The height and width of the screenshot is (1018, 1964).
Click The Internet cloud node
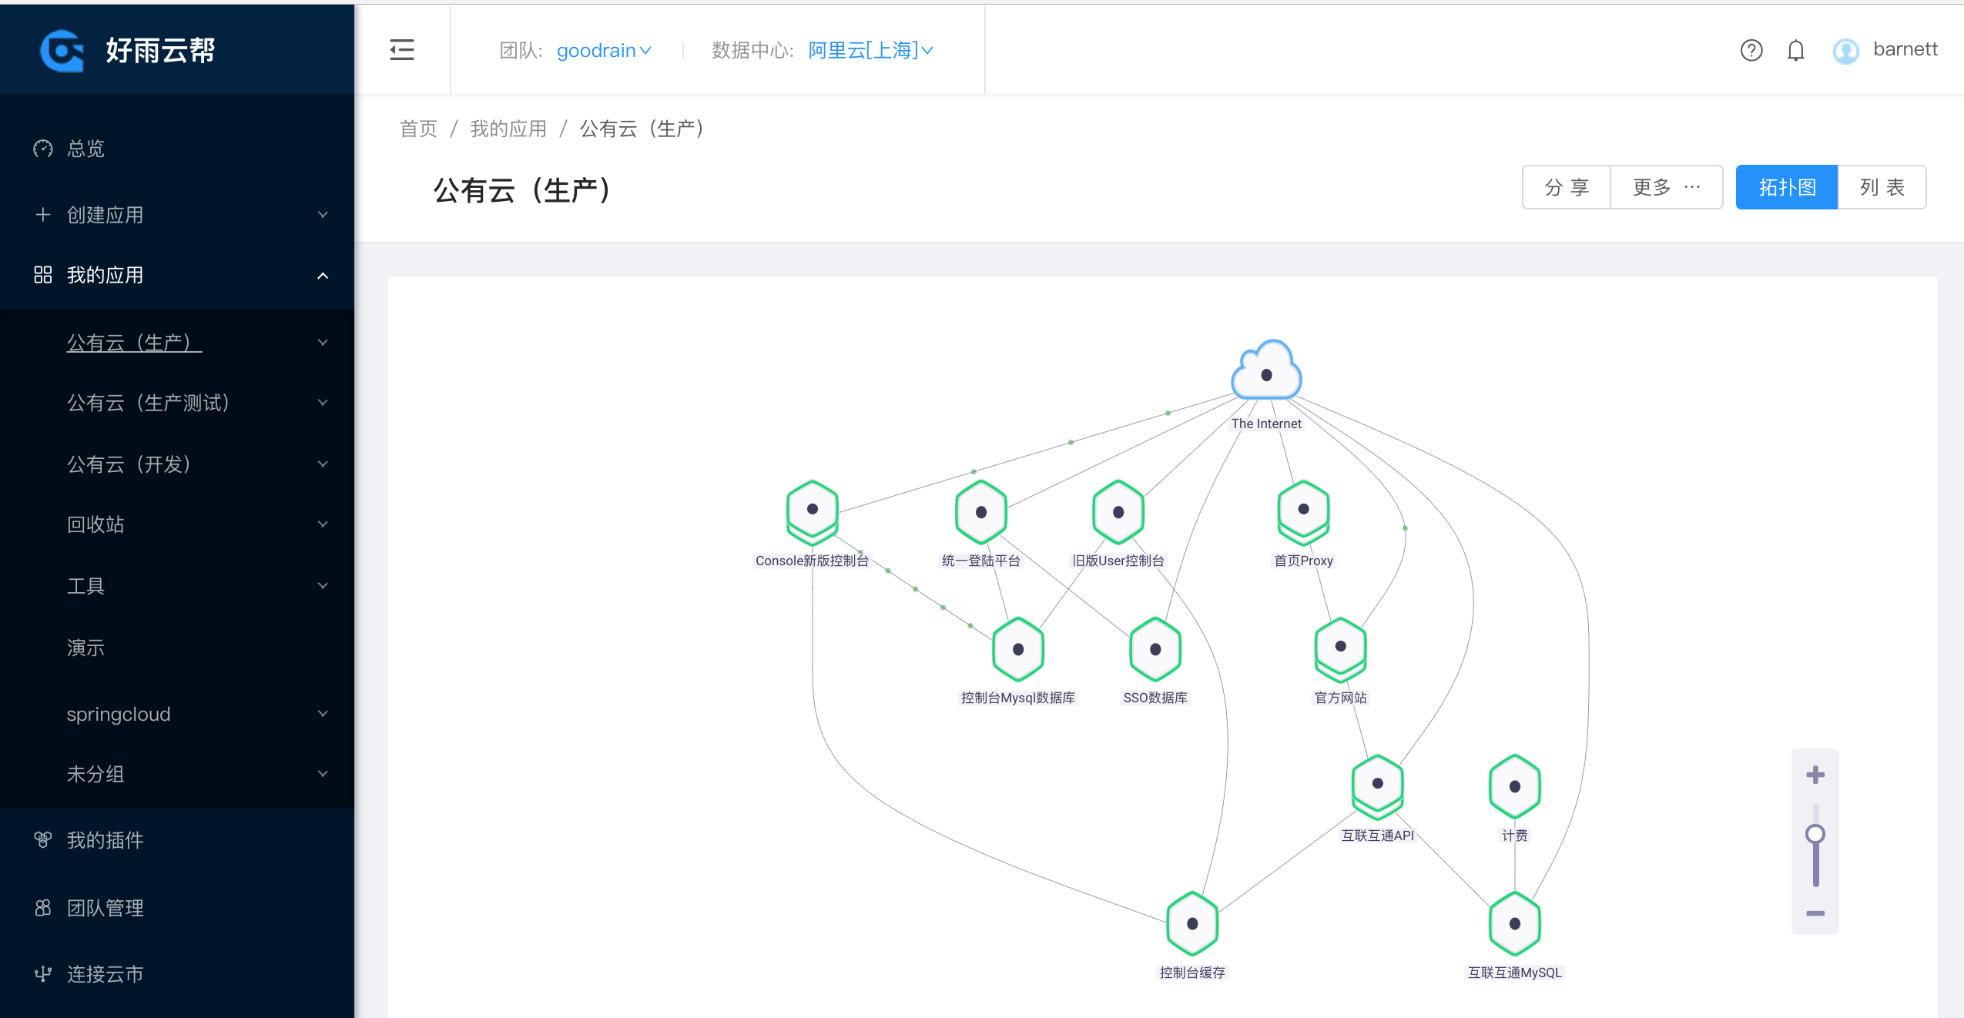click(x=1266, y=373)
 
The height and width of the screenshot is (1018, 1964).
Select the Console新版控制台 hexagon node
click(x=812, y=510)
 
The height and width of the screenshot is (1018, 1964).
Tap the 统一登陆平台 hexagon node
click(x=980, y=512)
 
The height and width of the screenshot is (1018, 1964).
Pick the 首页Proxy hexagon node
click(x=1303, y=510)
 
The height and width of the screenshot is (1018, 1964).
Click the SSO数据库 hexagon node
click(x=1155, y=649)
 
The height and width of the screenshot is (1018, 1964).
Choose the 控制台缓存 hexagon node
click(x=1191, y=923)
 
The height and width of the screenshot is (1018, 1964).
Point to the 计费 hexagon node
click(x=1514, y=786)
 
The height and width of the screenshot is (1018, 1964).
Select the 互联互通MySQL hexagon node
click(x=1514, y=923)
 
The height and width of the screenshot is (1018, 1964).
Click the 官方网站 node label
click(x=1340, y=698)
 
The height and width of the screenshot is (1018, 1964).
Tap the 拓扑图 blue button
click(x=1786, y=187)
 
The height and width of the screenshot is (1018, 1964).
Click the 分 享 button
click(x=1567, y=187)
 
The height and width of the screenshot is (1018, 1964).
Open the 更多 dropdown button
click(x=1666, y=187)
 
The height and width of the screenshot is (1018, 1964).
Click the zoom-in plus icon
click(x=1815, y=775)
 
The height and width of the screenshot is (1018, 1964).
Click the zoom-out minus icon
click(x=1815, y=913)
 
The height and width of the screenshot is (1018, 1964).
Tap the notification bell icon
click(x=1795, y=51)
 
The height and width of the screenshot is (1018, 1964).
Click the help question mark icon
click(x=1751, y=51)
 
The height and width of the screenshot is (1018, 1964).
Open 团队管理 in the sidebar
click(x=105, y=908)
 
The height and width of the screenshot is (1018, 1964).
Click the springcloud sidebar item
click(x=119, y=714)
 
